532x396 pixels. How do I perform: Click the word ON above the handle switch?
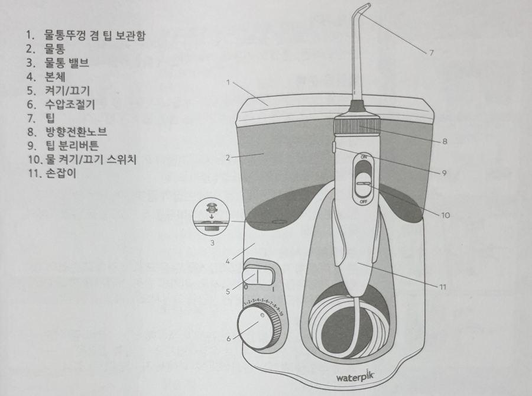(x=364, y=157)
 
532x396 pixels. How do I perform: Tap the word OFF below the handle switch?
(x=364, y=202)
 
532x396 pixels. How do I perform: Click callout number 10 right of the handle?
(x=445, y=215)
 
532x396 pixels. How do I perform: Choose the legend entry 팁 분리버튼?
(x=77, y=145)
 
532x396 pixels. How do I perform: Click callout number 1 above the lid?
(x=228, y=83)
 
